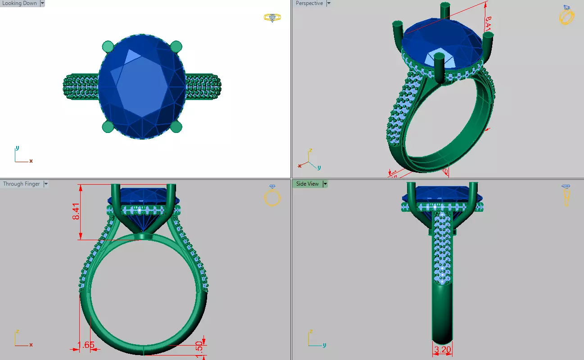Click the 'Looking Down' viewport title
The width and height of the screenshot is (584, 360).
[19, 4]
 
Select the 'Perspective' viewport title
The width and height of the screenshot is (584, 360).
[309, 4]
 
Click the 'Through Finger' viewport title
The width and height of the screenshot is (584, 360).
[21, 184]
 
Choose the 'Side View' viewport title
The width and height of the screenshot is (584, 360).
[307, 184]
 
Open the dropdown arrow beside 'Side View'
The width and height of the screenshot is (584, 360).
[325, 184]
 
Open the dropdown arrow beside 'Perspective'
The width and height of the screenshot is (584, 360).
[329, 4]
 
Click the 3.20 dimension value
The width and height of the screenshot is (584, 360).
[442, 349]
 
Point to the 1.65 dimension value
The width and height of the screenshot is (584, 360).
[86, 346]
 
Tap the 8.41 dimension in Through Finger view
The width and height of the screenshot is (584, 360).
[77, 211]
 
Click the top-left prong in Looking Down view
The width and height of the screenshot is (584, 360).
[108, 46]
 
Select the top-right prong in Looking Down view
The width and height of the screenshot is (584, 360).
[176, 46]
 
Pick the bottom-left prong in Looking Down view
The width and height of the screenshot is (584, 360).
[108, 127]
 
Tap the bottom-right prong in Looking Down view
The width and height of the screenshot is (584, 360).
[176, 127]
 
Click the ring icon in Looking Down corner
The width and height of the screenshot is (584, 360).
[272, 18]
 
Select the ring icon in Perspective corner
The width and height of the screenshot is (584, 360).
[566, 15]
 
